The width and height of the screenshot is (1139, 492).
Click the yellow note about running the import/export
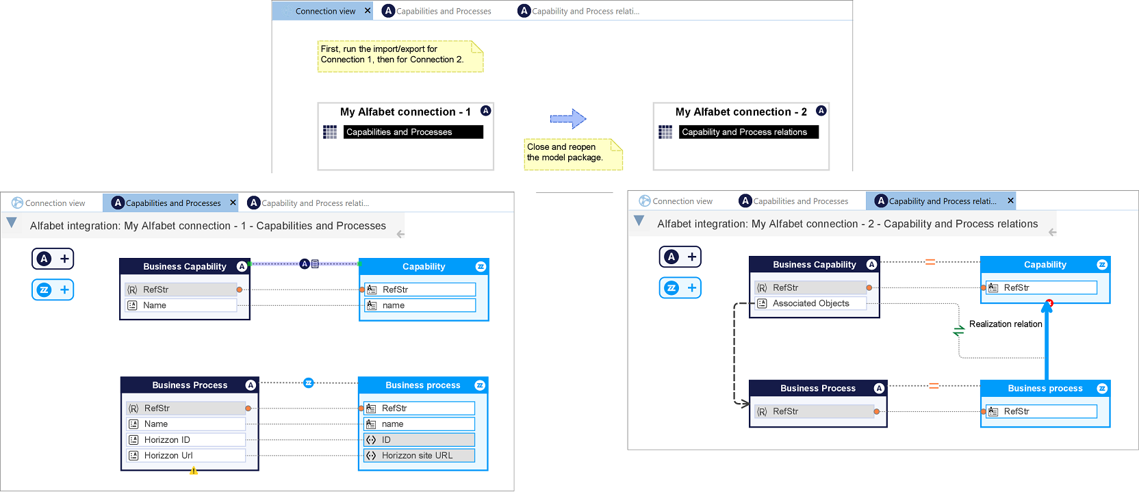point(400,56)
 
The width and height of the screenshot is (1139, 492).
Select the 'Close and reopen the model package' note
point(573,154)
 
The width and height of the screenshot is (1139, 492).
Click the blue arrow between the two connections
point(568,119)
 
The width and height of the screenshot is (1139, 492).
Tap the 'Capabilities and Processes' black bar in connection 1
point(413,132)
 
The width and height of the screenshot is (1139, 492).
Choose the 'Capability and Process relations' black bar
point(748,132)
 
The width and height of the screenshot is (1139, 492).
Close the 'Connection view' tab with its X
point(368,11)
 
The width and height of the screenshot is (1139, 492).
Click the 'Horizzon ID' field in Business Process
point(185,439)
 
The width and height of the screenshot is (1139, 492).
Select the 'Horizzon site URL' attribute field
point(420,456)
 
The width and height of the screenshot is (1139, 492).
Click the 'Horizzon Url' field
point(185,456)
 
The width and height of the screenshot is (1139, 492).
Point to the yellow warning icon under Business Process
point(194,471)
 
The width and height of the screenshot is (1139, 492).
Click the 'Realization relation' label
point(1006,324)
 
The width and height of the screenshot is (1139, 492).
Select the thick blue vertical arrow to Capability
point(1047,340)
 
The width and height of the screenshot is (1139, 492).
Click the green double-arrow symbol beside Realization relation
point(958,331)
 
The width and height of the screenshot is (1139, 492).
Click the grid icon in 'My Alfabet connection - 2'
point(665,132)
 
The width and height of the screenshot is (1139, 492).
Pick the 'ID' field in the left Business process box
point(420,439)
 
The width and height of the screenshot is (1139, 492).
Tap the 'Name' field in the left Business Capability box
point(181,305)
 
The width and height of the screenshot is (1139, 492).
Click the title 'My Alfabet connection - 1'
point(405,112)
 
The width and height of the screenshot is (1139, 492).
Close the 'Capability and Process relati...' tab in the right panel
point(1011,200)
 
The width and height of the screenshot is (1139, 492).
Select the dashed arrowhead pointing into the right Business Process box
point(745,404)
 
